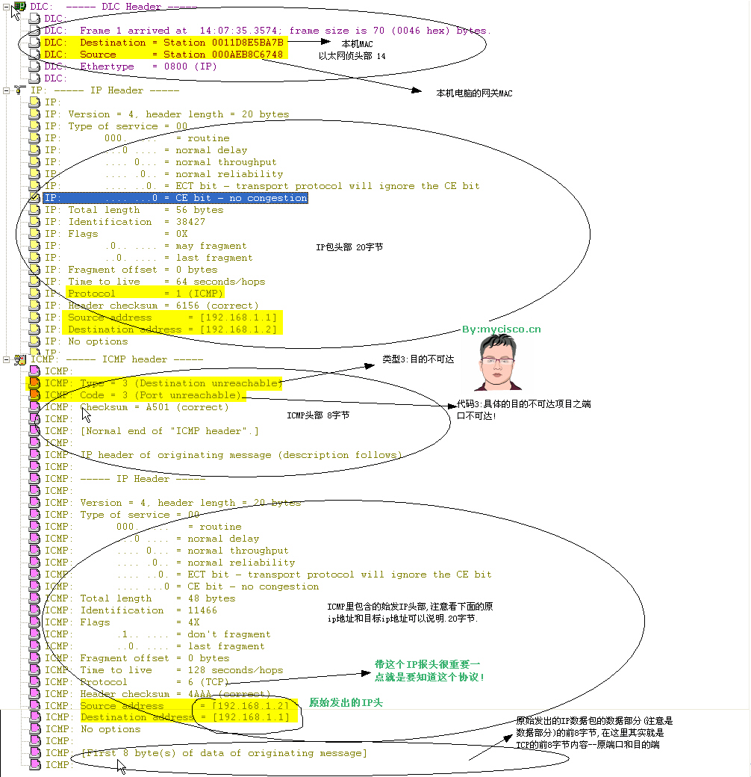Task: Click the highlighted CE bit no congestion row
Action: tap(175, 198)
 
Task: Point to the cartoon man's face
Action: tap(498, 362)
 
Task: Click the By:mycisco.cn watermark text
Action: tap(501, 329)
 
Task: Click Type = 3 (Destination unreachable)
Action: tap(180, 383)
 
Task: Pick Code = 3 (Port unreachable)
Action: tap(161, 395)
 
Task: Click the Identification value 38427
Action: tap(190, 222)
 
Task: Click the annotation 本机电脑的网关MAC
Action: tap(474, 93)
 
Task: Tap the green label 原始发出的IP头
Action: tap(346, 703)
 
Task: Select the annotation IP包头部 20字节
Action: tap(349, 247)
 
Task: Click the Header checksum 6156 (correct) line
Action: tap(163, 306)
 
